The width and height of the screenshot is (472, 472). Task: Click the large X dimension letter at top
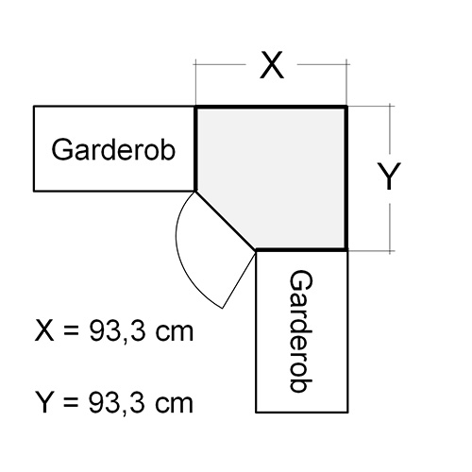pyautogui.click(x=272, y=65)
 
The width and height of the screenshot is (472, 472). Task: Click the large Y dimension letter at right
pyautogui.click(x=389, y=177)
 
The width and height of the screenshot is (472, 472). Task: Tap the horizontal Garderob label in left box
pyautogui.click(x=113, y=150)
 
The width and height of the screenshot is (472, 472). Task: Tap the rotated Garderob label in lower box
pyautogui.click(x=301, y=331)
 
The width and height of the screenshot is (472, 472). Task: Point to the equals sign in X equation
pyautogui.click(x=71, y=331)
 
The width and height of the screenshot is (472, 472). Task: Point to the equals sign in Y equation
pyautogui.click(x=71, y=403)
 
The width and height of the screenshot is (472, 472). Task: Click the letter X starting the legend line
pyautogui.click(x=44, y=330)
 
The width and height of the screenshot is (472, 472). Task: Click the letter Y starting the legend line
pyautogui.click(x=44, y=402)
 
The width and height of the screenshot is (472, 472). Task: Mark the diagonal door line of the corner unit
pyautogui.click(x=226, y=220)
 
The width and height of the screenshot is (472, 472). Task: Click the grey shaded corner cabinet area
pyautogui.click(x=277, y=177)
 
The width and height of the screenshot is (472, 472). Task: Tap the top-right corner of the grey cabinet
pyautogui.click(x=346, y=108)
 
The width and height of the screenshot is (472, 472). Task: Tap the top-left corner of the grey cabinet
pyautogui.click(x=196, y=108)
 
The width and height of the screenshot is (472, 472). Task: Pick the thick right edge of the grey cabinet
pyautogui.click(x=346, y=178)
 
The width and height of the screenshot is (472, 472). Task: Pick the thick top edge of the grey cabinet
pyautogui.click(x=271, y=108)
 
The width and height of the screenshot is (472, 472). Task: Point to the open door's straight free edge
pyautogui.click(x=240, y=279)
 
